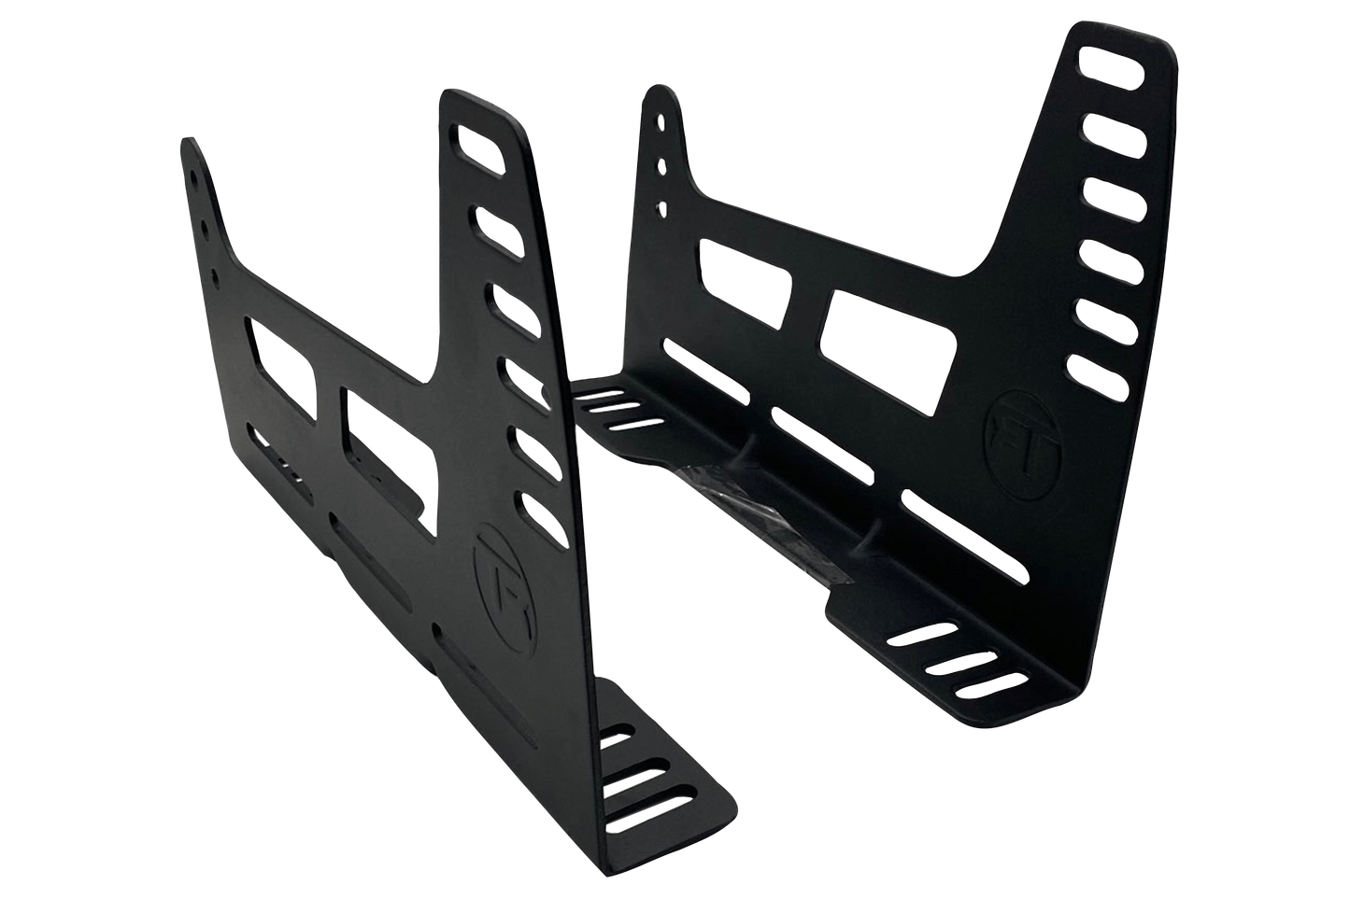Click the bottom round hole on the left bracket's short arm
(x=216, y=276)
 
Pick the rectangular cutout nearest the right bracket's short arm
(x=745, y=272)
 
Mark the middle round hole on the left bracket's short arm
(x=203, y=227)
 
